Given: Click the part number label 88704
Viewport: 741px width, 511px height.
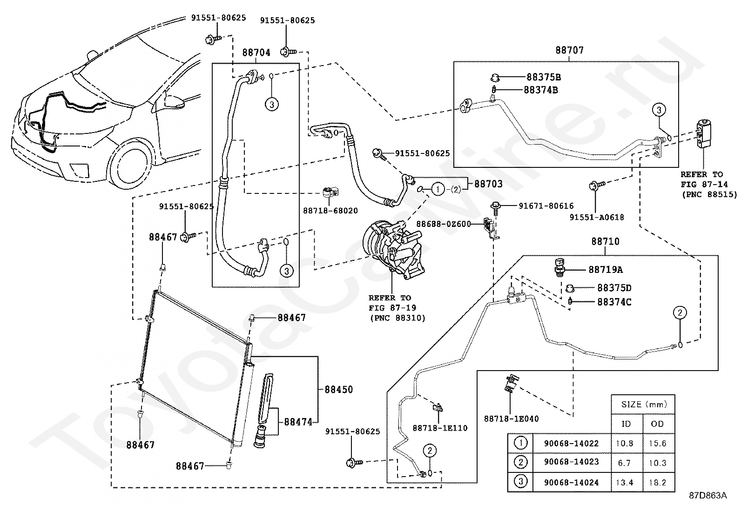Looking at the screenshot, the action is (x=256, y=53).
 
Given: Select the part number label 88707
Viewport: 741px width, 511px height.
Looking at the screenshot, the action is (x=569, y=50).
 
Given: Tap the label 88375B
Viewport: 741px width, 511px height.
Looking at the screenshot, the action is (x=544, y=77).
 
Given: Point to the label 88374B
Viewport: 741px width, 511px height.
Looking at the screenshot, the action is (x=540, y=90).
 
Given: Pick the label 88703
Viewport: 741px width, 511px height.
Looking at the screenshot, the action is (x=488, y=184).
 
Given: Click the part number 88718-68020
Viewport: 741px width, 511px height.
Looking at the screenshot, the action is (x=330, y=211).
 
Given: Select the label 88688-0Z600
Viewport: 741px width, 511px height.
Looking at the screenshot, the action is (x=443, y=224).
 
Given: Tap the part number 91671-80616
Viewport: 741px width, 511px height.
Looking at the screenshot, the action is (x=546, y=206).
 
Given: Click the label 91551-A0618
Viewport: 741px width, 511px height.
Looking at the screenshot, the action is (x=597, y=218).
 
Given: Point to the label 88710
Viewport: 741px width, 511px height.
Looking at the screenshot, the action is (x=606, y=241).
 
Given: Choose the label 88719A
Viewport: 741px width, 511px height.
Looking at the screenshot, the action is (x=606, y=270).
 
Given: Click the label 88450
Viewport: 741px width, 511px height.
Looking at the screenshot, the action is (x=339, y=389).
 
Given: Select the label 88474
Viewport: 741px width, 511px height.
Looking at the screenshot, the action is (x=298, y=422).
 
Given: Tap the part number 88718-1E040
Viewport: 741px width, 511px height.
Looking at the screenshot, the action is (x=512, y=419).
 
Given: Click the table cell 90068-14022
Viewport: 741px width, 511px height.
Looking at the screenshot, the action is (x=571, y=443).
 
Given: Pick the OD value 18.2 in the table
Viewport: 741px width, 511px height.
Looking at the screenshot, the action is (x=657, y=483).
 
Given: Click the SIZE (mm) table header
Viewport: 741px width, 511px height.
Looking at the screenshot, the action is (x=644, y=404).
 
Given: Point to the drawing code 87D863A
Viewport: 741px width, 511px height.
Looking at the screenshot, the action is (x=708, y=496).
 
